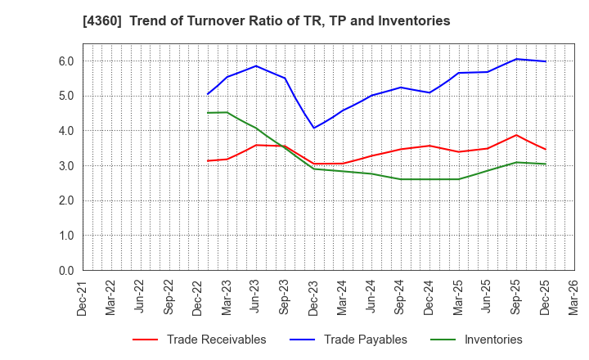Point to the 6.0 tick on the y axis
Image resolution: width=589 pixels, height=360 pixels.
(66, 61)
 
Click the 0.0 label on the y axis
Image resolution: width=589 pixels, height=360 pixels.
(66, 271)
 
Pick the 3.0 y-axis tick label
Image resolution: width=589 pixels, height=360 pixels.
(66, 166)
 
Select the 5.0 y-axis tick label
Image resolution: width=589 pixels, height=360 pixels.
(66, 96)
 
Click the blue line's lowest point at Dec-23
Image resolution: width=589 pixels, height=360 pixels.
(314, 128)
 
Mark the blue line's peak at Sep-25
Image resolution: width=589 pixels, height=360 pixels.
(515, 59)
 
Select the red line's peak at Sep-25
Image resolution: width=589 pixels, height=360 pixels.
(515, 135)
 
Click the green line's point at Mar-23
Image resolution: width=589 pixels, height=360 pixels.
(227, 112)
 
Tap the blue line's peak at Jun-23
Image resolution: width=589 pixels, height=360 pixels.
(256, 65)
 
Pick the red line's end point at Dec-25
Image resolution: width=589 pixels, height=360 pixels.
(545, 149)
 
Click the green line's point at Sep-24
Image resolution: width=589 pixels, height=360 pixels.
(400, 179)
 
